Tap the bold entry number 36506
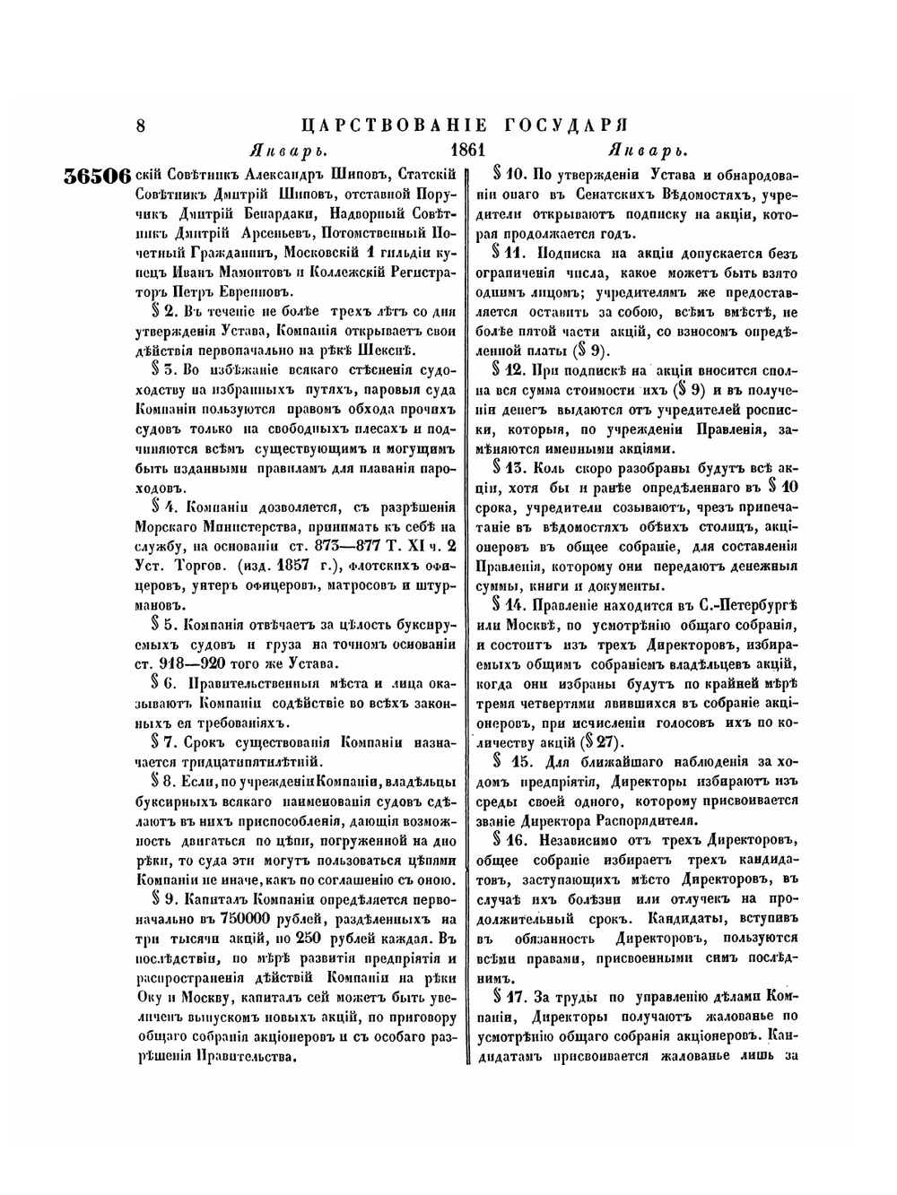(x=98, y=175)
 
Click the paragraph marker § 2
(x=167, y=312)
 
